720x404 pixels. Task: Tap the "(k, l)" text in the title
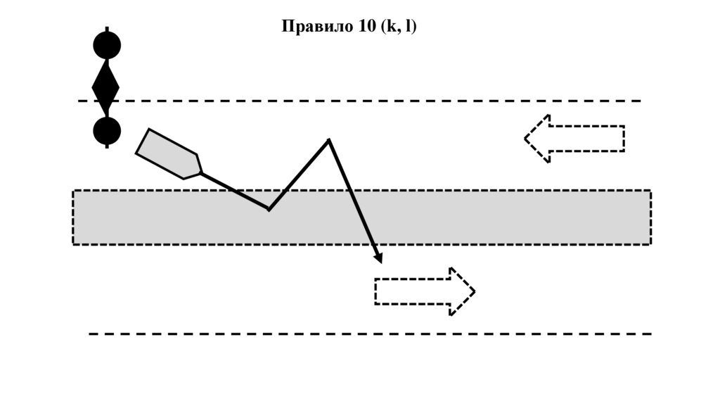[399, 27]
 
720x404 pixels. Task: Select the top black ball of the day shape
[107, 45]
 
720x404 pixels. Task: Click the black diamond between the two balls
[106, 87]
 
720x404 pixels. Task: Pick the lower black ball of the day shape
[107, 131]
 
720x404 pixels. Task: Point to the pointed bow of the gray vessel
[200, 171]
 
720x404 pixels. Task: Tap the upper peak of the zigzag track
[328, 141]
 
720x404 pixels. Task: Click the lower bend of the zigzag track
[269, 209]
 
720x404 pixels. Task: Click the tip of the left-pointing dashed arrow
[527, 139]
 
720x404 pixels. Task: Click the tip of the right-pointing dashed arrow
[473, 291]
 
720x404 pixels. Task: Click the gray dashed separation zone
[492, 217]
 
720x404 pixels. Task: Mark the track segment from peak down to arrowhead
[353, 200]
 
